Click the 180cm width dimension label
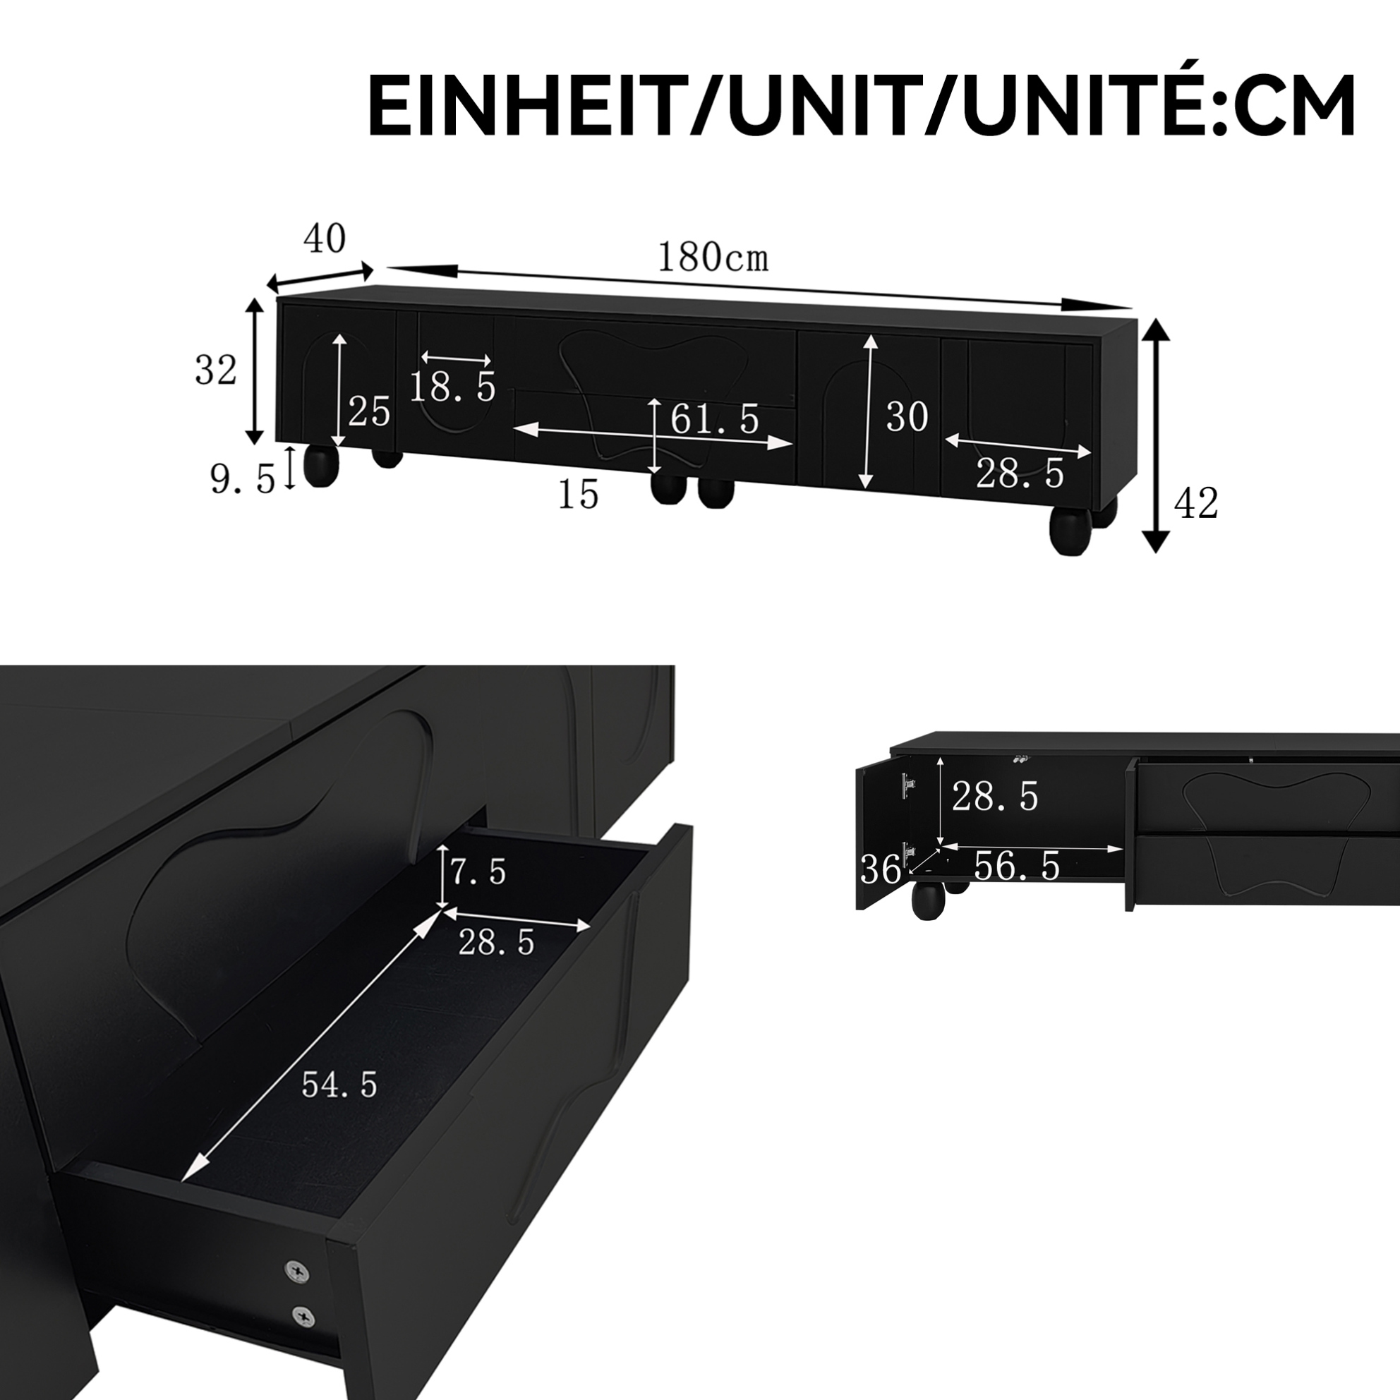point(712,258)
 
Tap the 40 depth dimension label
point(325,239)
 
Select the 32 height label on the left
point(216,370)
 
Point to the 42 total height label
point(1195,503)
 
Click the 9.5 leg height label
point(243,479)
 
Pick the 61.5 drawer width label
point(715,419)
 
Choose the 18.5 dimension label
point(453,387)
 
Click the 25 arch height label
point(370,412)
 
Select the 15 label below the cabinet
point(578,495)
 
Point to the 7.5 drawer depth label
point(478,871)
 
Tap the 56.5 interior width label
point(1017,865)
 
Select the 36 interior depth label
point(881,868)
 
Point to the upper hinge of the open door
point(907,783)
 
